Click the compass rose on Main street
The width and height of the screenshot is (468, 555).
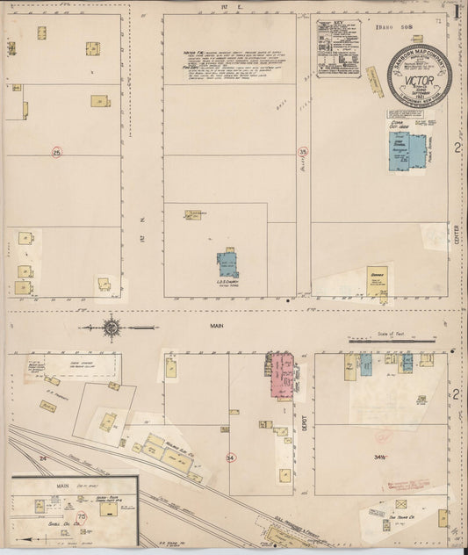pyautogui.click(x=112, y=328)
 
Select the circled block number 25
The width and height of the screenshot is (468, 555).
pyautogui.click(x=57, y=153)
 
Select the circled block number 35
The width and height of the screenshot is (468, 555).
pyautogui.click(x=303, y=152)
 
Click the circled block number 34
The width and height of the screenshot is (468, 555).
pyautogui.click(x=231, y=457)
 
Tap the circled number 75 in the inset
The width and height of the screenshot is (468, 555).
pyautogui.click(x=82, y=519)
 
